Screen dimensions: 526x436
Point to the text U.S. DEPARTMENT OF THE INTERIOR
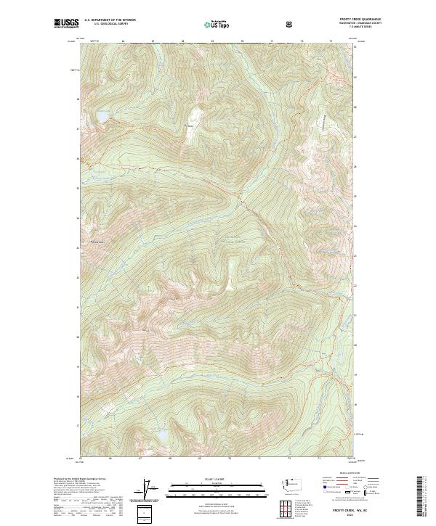click(109, 20)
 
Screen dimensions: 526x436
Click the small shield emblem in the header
click(290, 24)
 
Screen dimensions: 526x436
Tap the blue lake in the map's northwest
click(104, 116)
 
